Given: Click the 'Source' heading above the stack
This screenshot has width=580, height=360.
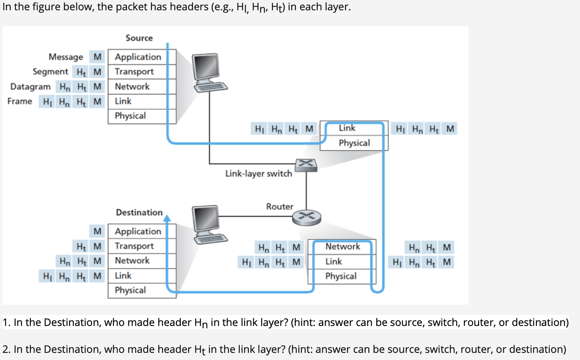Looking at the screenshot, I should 139,38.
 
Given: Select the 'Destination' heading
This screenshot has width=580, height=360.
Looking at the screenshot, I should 139,212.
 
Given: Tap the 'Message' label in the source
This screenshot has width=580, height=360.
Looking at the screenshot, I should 66,57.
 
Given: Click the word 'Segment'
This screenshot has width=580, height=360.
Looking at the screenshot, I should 50,72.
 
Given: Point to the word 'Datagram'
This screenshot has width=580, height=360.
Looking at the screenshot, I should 30,87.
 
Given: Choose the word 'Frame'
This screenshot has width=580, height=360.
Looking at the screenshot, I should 20,101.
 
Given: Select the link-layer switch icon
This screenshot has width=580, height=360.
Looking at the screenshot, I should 306,165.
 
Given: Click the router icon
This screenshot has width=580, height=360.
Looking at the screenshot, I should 306,217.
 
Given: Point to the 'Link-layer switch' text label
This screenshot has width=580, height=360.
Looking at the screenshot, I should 258,174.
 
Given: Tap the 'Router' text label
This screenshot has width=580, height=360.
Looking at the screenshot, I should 280,207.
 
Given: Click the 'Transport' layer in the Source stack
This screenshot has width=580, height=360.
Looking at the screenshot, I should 134,72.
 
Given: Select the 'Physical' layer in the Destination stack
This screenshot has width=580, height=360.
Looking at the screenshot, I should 130,290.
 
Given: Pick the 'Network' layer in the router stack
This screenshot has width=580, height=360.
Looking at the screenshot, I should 343,246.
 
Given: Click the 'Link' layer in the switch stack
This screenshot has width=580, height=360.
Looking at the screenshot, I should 347,128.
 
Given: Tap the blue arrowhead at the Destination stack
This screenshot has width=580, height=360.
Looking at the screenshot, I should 167,218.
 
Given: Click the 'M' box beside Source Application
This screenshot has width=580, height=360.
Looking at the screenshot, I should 97,57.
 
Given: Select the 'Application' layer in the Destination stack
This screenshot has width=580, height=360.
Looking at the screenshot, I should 138,231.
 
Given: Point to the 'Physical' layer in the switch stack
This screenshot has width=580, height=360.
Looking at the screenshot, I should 354,143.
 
